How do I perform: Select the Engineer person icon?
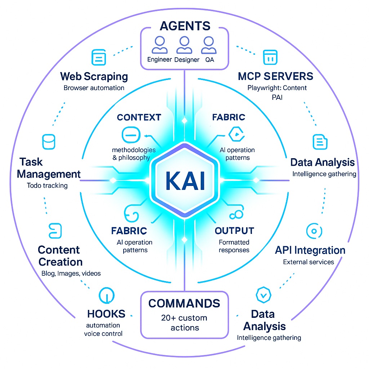tap(160, 45)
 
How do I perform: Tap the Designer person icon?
tap(184, 45)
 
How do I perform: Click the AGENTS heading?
tap(185, 26)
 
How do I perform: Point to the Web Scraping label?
tap(94, 76)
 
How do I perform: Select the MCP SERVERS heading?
tap(276, 76)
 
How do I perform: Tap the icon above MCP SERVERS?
tap(270, 58)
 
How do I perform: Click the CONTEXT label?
tap(139, 117)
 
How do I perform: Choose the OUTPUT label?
tap(234, 231)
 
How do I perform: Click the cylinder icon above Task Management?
tap(49, 142)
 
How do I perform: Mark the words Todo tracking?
tap(47, 186)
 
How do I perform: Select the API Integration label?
tap(310, 250)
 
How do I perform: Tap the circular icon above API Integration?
tap(314, 231)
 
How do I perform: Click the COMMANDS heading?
tap(184, 303)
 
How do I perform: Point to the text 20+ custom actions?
tap(184, 323)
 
